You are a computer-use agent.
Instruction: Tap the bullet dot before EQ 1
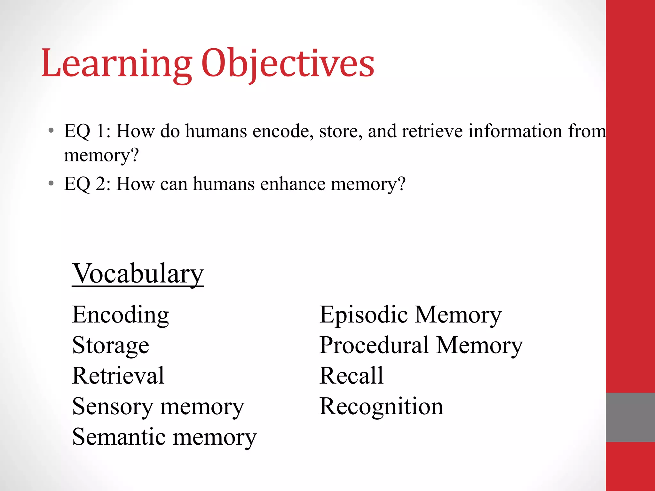click(x=51, y=131)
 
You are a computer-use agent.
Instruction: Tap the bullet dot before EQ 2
click(x=51, y=183)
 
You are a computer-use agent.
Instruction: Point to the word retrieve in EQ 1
click(x=432, y=131)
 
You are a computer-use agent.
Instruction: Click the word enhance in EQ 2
click(x=293, y=184)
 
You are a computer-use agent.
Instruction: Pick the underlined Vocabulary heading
click(x=138, y=274)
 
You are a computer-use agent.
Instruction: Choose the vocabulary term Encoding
click(x=121, y=315)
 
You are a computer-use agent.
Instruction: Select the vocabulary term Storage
click(x=111, y=346)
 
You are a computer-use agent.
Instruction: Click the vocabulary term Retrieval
click(x=118, y=376)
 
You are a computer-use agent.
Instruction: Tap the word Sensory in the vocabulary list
click(x=113, y=407)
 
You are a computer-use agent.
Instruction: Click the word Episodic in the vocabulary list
click(x=364, y=315)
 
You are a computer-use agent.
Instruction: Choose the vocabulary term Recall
click(x=351, y=376)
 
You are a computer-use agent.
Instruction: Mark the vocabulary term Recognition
click(x=381, y=407)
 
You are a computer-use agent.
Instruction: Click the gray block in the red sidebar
click(x=630, y=417)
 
